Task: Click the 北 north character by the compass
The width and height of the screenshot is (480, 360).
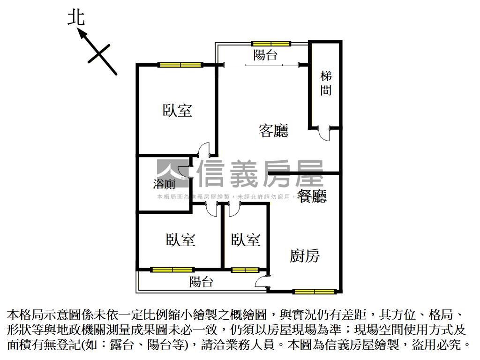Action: point(76,18)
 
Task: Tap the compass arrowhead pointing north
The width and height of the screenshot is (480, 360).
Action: point(82,33)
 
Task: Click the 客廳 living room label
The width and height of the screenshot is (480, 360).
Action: point(273,130)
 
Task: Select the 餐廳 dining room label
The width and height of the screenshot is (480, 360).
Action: point(311,196)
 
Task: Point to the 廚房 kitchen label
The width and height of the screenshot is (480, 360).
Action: point(305,256)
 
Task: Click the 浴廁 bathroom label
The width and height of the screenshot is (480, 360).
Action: point(164,184)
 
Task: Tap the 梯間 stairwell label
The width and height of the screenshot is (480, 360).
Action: point(326,83)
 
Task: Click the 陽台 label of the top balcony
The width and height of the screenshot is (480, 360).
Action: point(265,55)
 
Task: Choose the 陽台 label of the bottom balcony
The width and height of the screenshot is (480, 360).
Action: point(201,282)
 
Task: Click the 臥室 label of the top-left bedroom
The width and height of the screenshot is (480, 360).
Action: point(178,111)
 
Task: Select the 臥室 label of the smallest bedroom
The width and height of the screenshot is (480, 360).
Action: point(246,240)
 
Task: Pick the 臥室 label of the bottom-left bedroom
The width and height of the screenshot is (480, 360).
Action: point(180,240)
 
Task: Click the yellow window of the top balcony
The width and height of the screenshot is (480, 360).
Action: point(271,44)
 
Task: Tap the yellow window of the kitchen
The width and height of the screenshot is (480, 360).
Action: point(315,292)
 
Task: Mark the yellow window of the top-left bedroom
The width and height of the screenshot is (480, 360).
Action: point(180,65)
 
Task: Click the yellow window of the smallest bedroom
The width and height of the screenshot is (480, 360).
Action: point(245,270)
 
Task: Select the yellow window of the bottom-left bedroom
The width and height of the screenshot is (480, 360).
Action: point(172,270)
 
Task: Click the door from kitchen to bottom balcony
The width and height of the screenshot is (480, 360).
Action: point(262,282)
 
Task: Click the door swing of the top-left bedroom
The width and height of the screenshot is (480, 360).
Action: point(203,150)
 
